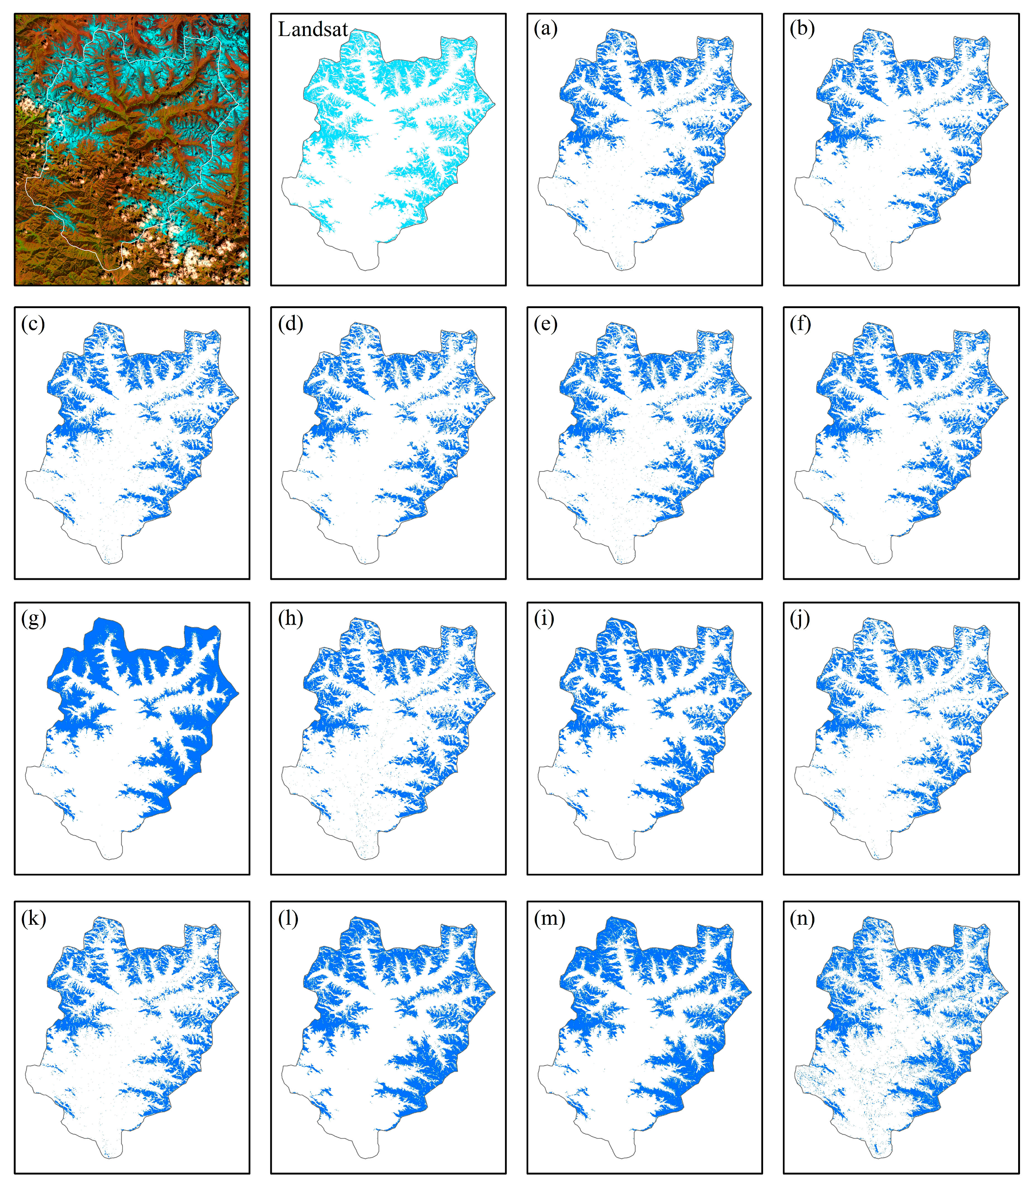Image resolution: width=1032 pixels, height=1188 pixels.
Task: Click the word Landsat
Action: tap(313, 30)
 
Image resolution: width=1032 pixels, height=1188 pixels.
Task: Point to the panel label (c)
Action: tap(33, 324)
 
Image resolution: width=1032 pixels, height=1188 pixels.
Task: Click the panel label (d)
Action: tap(290, 324)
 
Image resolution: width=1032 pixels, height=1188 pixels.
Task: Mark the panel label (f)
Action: tap(801, 324)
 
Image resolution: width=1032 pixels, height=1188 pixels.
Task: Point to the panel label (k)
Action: tap(33, 919)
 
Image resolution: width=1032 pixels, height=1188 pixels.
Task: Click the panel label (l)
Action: tap(288, 919)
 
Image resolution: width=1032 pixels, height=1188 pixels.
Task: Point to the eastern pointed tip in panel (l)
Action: tap(495, 992)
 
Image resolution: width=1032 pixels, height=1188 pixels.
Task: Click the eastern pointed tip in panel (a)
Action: tap(751, 104)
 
